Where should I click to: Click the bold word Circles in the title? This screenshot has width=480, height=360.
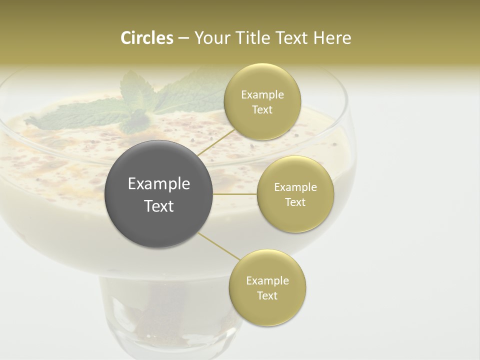click(x=146, y=38)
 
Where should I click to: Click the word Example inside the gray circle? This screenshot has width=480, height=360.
click(x=159, y=184)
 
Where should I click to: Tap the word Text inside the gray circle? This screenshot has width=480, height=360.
click(x=159, y=206)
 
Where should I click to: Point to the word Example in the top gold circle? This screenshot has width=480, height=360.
click(x=262, y=95)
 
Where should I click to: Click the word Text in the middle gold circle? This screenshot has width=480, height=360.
click(x=295, y=202)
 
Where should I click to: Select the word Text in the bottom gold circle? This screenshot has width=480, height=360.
click(x=267, y=295)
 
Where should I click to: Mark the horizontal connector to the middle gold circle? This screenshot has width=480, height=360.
click(x=235, y=194)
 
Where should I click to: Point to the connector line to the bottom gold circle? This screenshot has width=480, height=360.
click(x=218, y=246)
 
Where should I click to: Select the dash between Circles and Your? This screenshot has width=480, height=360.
click(x=183, y=38)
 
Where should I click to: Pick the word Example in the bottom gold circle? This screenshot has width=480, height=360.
click(x=267, y=281)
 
